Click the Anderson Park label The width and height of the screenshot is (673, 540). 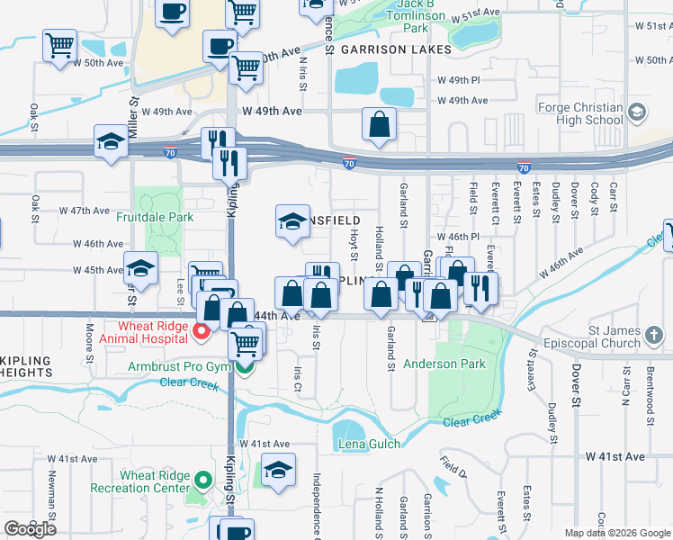point(444,364)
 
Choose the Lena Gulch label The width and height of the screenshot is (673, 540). point(367,445)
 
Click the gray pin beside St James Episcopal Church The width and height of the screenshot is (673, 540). point(654,336)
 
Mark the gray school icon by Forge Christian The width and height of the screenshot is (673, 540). point(637,112)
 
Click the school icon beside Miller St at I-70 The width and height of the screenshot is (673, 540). point(111,140)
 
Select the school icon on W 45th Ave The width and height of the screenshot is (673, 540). point(140,267)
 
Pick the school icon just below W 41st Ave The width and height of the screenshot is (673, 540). point(278,469)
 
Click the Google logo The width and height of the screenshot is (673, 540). point(31,528)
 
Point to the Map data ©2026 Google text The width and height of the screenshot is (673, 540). point(616,532)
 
